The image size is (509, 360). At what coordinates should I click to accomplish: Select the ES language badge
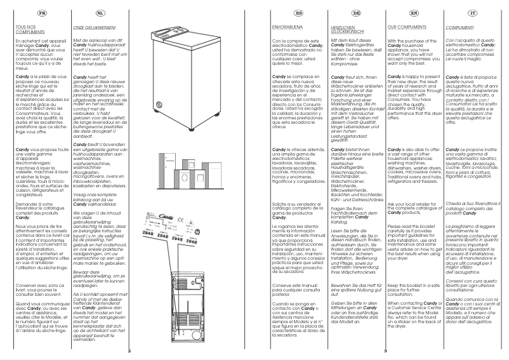click(x=282, y=12)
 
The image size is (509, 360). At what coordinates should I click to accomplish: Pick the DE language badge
click(x=339, y=12)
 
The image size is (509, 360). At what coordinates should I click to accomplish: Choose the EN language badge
click(x=396, y=12)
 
